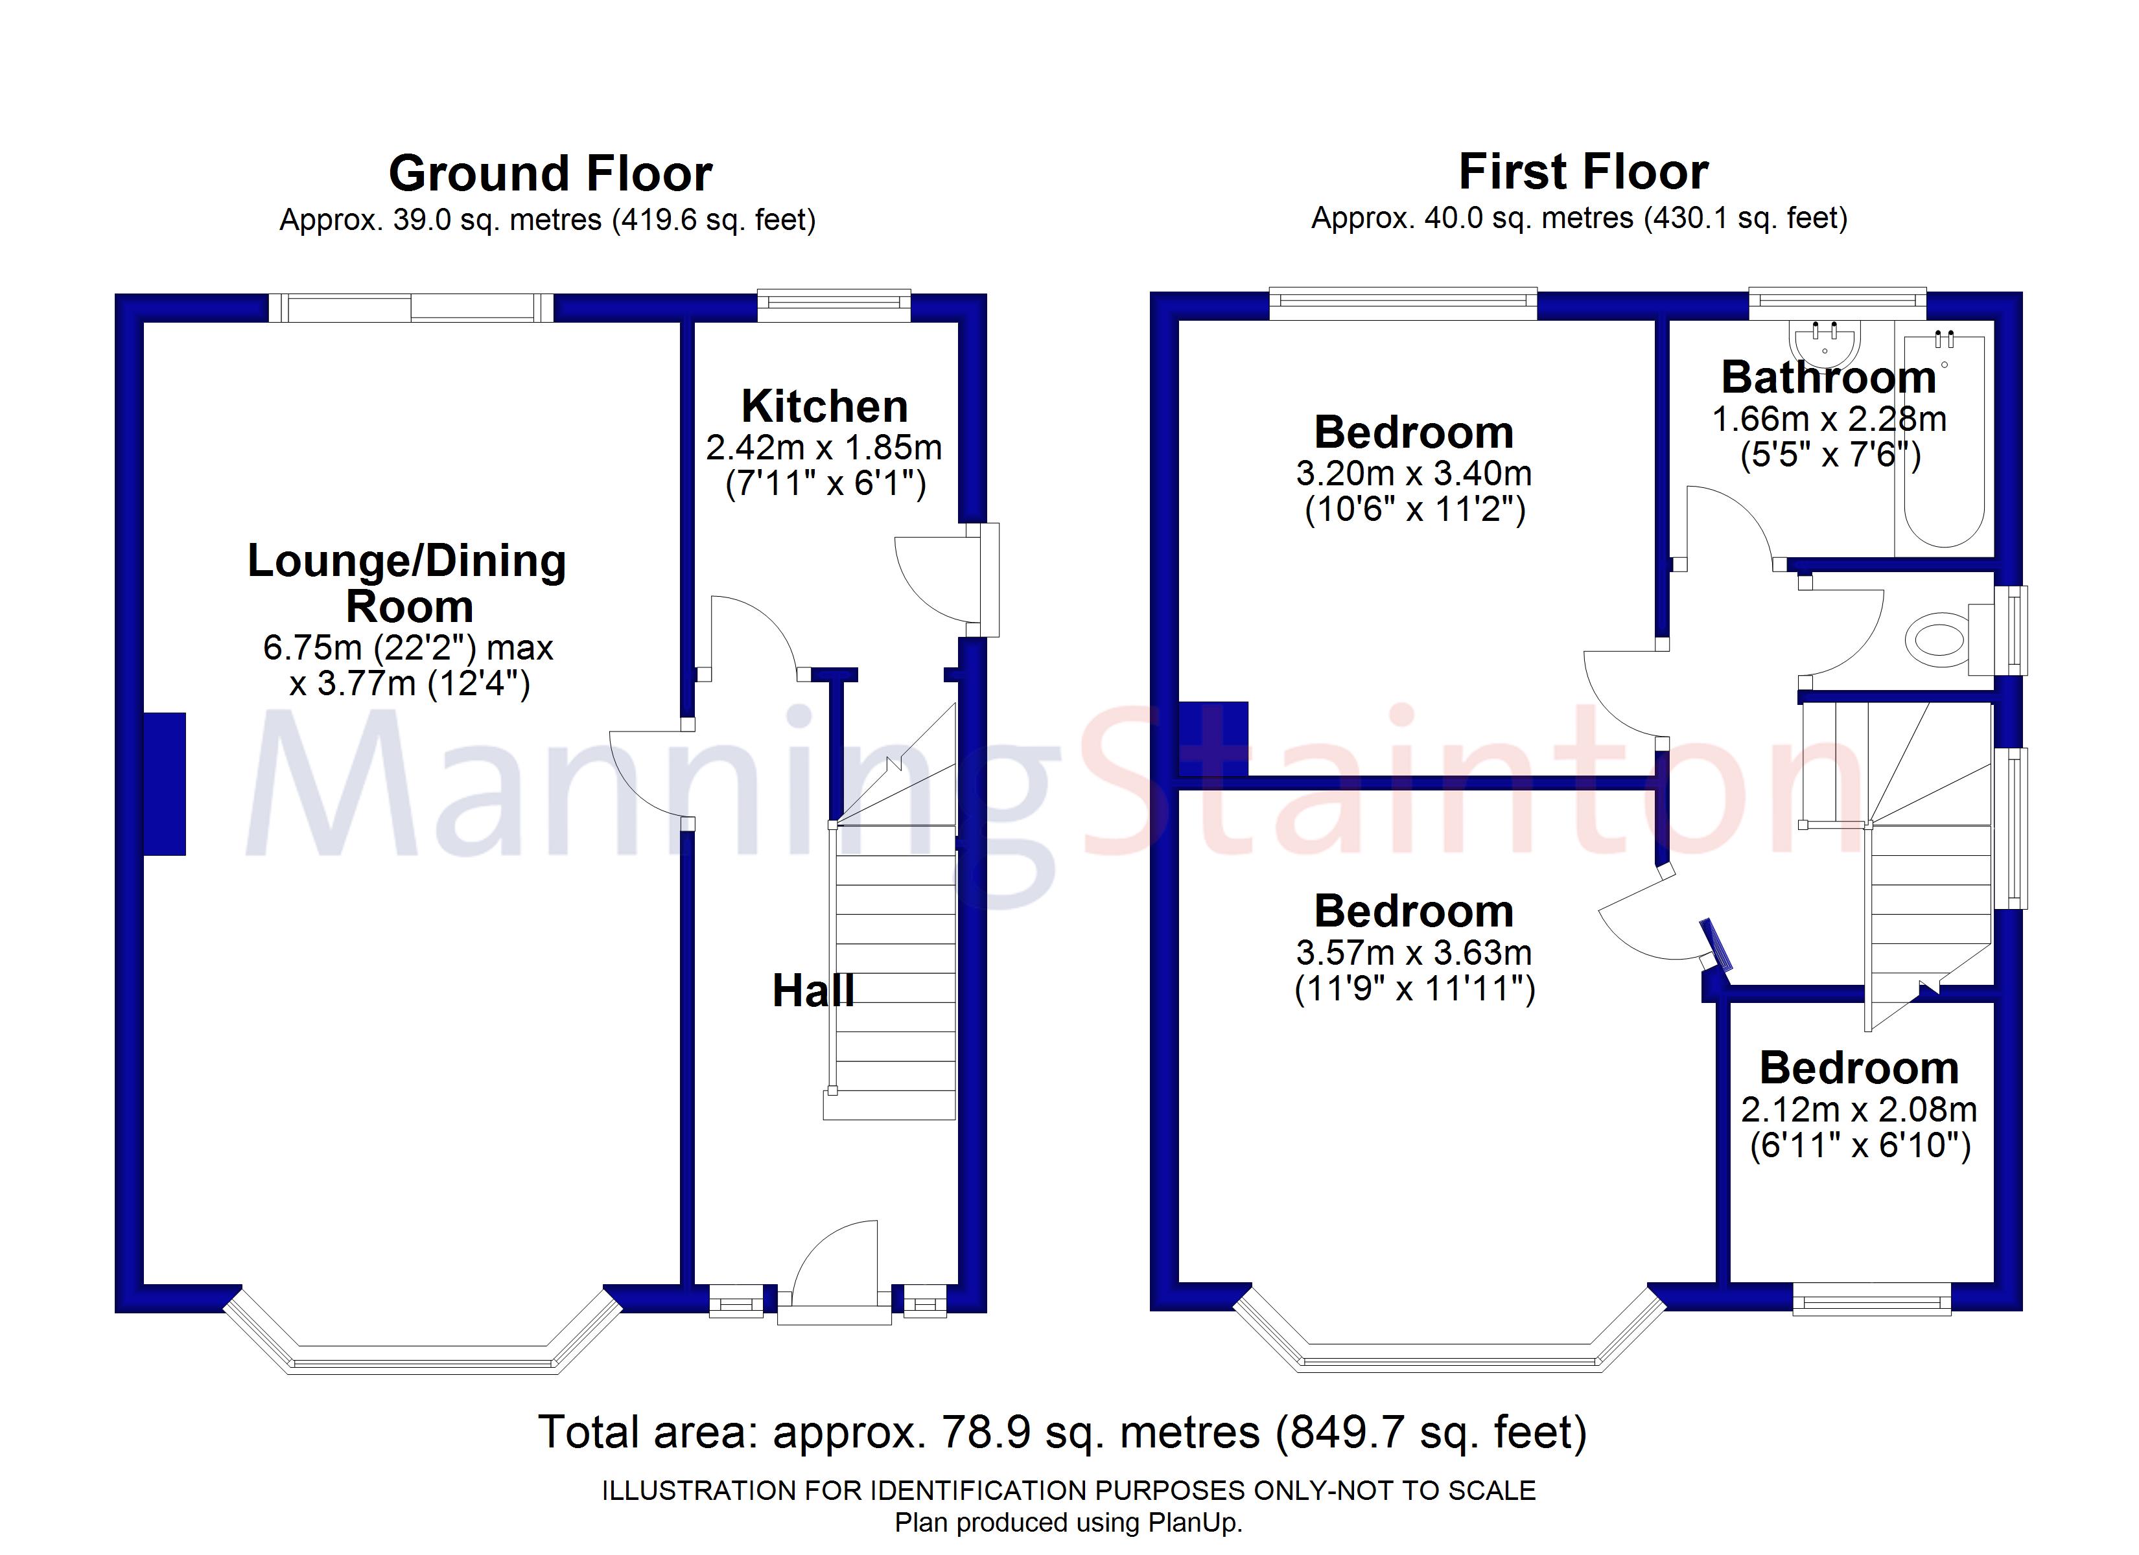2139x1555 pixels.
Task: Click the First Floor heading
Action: [x=1583, y=172]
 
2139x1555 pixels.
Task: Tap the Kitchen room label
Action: [x=824, y=406]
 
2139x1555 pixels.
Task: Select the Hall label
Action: [x=813, y=991]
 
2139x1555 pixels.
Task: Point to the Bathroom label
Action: [x=1828, y=377]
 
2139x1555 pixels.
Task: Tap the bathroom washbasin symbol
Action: [x=1824, y=341]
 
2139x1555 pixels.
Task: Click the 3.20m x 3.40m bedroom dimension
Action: [x=1413, y=474]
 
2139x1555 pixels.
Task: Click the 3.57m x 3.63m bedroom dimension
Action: [x=1413, y=953]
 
